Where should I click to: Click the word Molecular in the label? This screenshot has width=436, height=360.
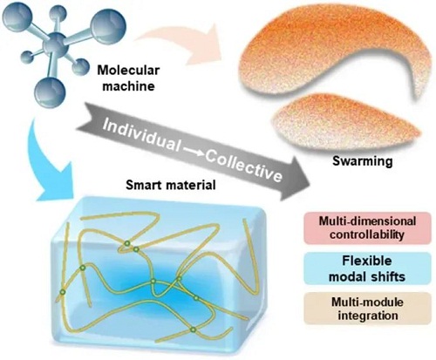[128, 71]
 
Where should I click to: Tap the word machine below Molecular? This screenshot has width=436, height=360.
[128, 85]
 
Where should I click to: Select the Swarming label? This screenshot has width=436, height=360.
[362, 161]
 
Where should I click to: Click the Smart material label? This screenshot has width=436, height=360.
[171, 185]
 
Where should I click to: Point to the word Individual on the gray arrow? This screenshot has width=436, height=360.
[141, 135]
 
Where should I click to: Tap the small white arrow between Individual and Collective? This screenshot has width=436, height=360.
[194, 151]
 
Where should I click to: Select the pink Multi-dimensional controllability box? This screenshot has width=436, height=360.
[367, 228]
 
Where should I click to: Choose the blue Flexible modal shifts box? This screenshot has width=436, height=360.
[367, 268]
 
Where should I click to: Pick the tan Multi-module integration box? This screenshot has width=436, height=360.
[367, 309]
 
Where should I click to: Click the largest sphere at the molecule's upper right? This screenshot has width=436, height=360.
[108, 27]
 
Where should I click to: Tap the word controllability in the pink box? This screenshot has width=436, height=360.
[367, 234]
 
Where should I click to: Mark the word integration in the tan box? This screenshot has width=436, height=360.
[368, 316]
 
